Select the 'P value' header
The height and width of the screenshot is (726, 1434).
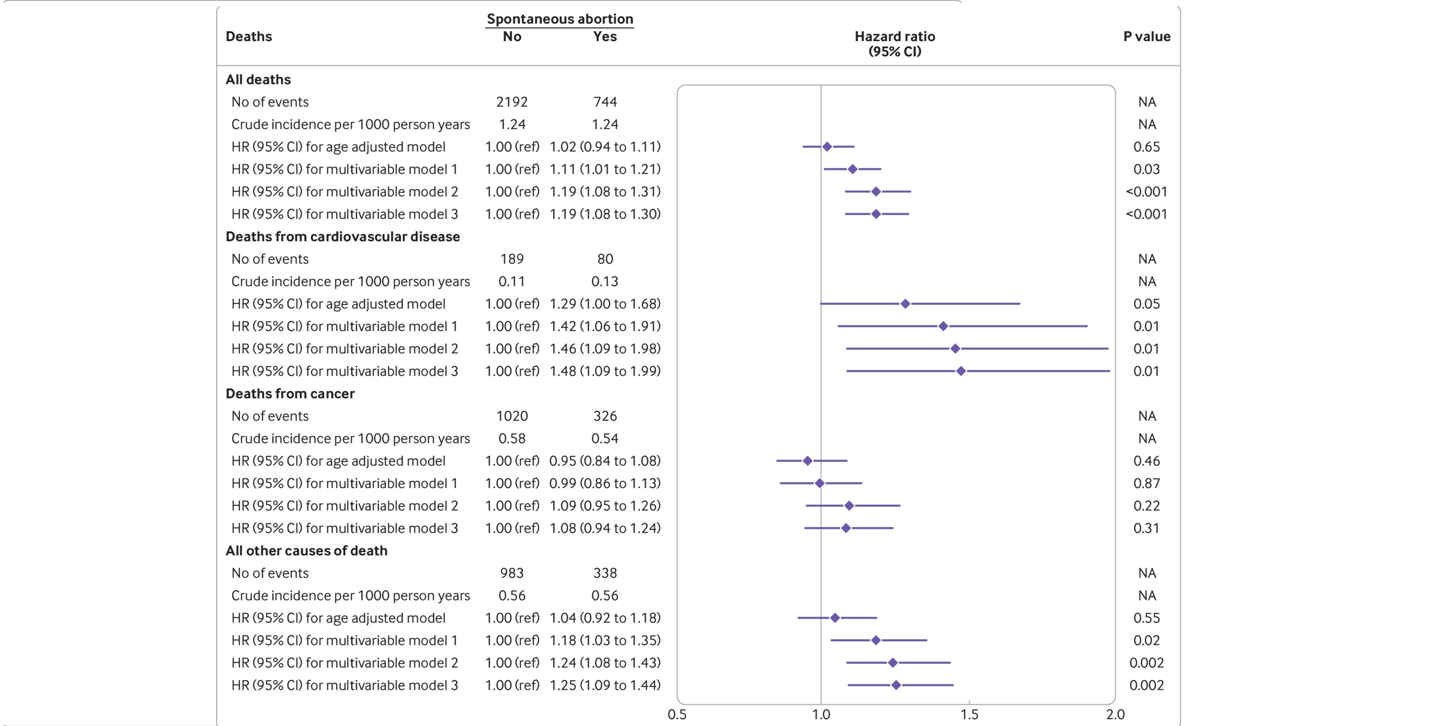pyautogui.click(x=1146, y=37)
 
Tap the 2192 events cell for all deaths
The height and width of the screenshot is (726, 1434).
pyautogui.click(x=511, y=102)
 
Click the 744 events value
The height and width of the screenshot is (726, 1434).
pyautogui.click(x=605, y=102)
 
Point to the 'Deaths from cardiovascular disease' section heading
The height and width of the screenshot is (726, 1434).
pyautogui.click(x=343, y=237)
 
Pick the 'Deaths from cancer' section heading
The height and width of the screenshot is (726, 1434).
pyautogui.click(x=290, y=393)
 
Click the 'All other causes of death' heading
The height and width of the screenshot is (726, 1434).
pyautogui.click(x=306, y=551)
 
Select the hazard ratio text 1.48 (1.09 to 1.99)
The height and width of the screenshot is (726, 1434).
pyautogui.click(x=605, y=371)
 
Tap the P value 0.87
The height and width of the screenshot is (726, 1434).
pyautogui.click(x=1146, y=483)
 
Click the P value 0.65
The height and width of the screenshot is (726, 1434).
pyautogui.click(x=1146, y=147)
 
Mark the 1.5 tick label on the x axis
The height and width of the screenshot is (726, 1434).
pyautogui.click(x=969, y=714)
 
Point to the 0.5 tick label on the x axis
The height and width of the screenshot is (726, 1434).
pyautogui.click(x=677, y=714)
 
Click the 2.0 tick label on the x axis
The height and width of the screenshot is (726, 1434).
pyautogui.click(x=1115, y=714)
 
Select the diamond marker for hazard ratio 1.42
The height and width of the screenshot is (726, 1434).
pyautogui.click(x=943, y=326)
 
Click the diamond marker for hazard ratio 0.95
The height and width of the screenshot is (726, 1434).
pyautogui.click(x=808, y=461)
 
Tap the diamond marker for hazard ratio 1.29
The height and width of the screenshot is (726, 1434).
pyautogui.click(x=905, y=304)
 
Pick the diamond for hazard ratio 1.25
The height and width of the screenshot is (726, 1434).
pyautogui.click(x=896, y=685)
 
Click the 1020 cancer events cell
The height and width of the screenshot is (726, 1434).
pyautogui.click(x=511, y=416)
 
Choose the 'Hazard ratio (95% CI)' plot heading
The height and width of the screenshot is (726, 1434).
pyautogui.click(x=895, y=43)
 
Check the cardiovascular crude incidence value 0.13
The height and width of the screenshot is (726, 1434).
pyautogui.click(x=605, y=281)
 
